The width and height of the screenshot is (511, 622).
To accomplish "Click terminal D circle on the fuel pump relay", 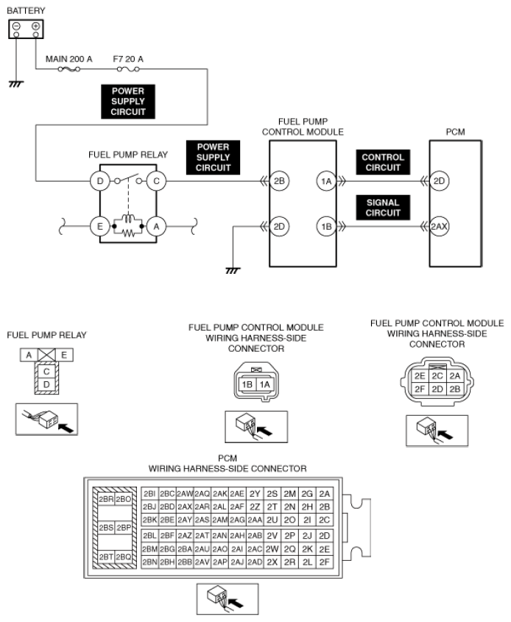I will click(x=99, y=180).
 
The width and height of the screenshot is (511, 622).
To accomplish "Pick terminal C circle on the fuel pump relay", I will click(x=156, y=180).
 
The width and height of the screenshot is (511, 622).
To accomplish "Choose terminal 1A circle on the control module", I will click(x=325, y=180).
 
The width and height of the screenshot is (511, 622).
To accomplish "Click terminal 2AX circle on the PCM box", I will click(x=440, y=227).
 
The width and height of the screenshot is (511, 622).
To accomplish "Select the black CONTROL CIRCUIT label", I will click(x=383, y=162).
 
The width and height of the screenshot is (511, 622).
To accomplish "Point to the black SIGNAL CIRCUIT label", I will click(x=383, y=208).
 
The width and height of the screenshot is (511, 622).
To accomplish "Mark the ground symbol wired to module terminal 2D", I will click(x=233, y=271).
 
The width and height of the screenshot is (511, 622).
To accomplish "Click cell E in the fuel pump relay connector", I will click(x=63, y=356).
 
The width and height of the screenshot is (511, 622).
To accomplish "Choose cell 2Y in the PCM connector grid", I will click(x=255, y=493).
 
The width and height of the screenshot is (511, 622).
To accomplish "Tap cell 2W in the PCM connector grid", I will click(x=272, y=548).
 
